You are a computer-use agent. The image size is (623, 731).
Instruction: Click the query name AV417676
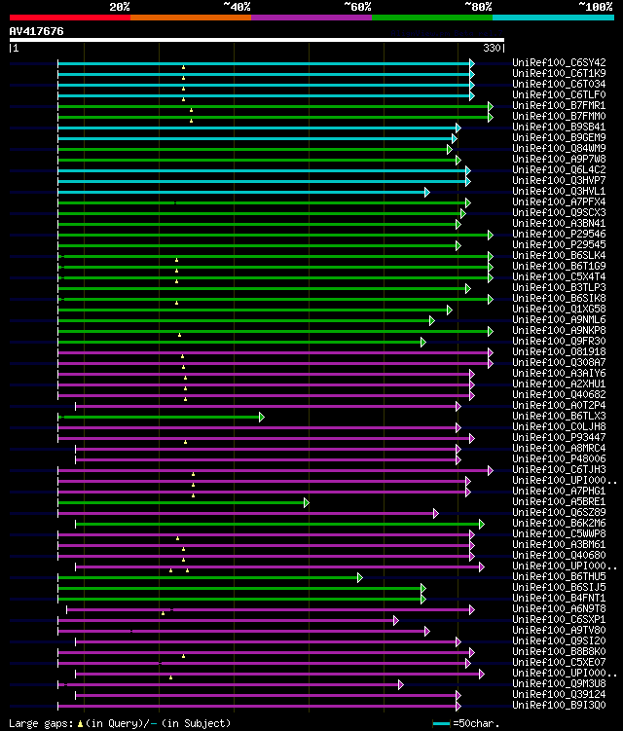click(x=36, y=31)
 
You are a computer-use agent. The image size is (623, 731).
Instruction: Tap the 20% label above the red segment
click(x=120, y=6)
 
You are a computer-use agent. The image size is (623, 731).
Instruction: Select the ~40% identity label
click(x=237, y=6)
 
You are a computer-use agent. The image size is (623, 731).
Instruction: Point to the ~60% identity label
click(x=357, y=6)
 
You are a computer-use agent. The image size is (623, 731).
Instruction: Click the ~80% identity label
click(x=478, y=6)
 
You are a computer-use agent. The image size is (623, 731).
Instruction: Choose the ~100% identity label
click(x=594, y=6)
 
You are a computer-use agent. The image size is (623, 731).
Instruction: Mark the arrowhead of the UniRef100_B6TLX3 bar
click(x=261, y=417)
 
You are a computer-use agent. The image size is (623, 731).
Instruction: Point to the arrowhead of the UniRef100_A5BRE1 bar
click(x=306, y=502)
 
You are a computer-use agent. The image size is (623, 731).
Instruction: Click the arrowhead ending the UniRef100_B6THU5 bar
click(x=359, y=577)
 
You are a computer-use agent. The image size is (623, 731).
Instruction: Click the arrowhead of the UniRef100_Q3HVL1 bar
click(x=426, y=192)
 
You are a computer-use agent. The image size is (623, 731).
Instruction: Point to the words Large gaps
click(x=37, y=723)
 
